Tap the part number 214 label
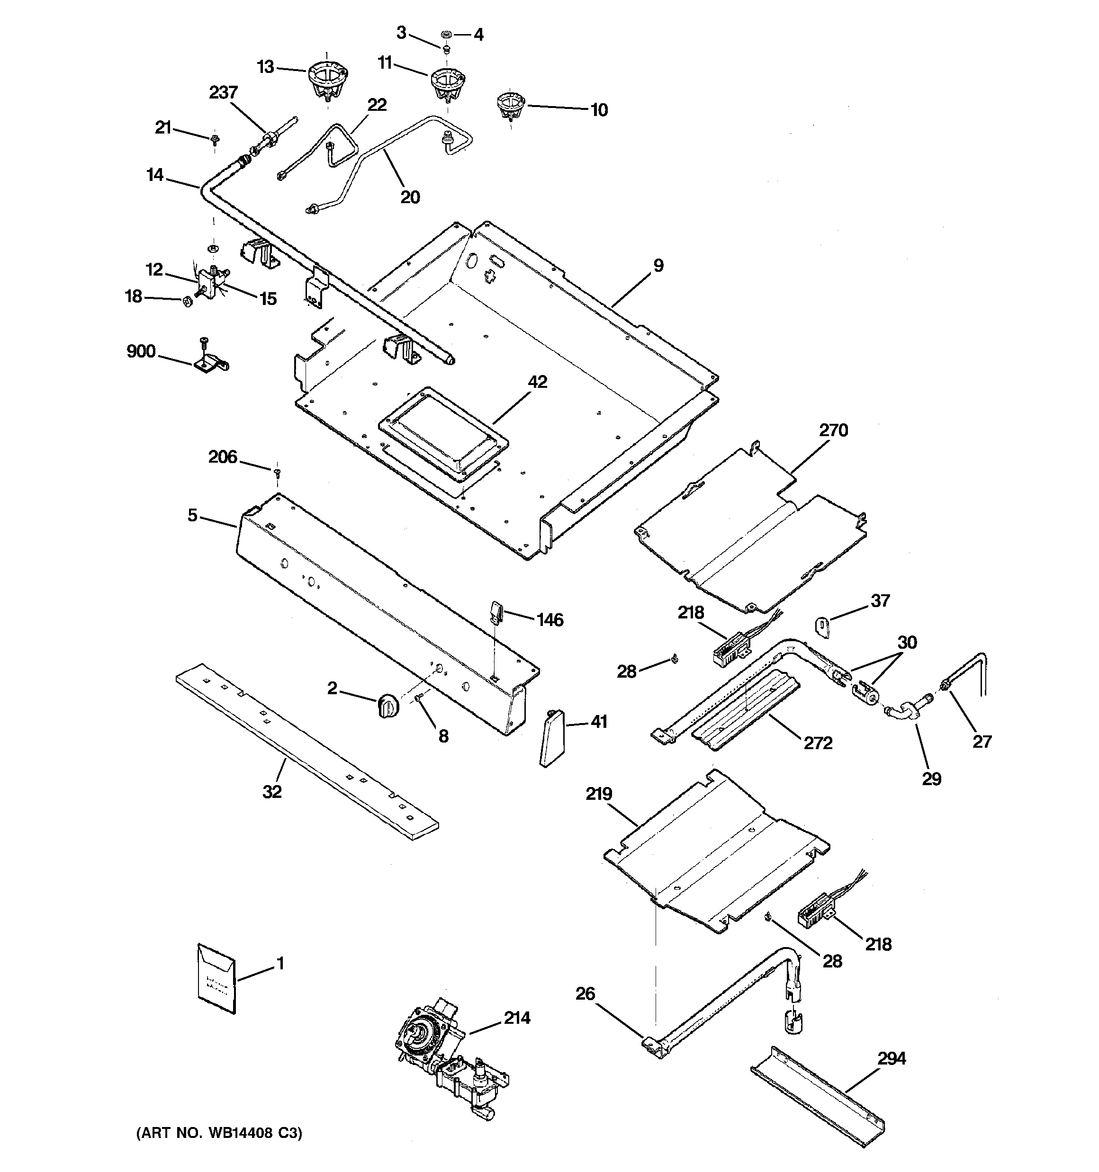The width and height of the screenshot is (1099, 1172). [517, 1018]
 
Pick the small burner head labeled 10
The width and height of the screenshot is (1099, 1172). [508, 106]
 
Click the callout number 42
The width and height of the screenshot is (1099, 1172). [537, 382]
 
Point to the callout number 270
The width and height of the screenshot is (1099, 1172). [833, 430]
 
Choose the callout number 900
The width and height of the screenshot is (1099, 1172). [141, 351]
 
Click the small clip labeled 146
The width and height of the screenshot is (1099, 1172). [496, 611]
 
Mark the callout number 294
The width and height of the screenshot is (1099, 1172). [892, 1059]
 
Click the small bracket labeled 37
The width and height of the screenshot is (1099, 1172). [822, 626]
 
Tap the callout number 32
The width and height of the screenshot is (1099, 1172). [272, 792]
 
